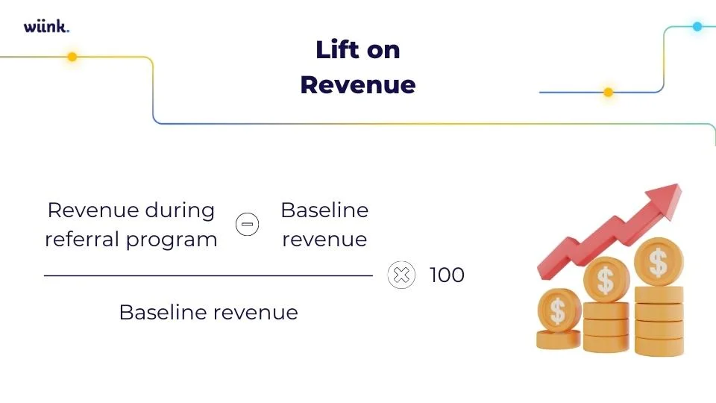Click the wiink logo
tap(46, 27)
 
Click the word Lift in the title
tap(338, 51)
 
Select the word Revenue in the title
tap(357, 85)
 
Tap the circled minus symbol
tap(248, 224)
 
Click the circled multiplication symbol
tap(401, 275)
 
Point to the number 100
tap(447, 275)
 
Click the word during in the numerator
tap(180, 210)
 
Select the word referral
tap(77, 240)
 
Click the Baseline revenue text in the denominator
tap(208, 312)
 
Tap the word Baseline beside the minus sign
tap(324, 210)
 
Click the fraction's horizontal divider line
tap(208, 275)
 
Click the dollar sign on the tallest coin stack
tap(658, 262)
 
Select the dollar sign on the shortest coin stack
tap(558, 309)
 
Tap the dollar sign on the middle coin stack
tap(606, 281)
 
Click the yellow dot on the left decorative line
tap(72, 57)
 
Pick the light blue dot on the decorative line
tap(697, 27)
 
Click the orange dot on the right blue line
tap(608, 93)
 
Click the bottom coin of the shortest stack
tap(558, 340)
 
